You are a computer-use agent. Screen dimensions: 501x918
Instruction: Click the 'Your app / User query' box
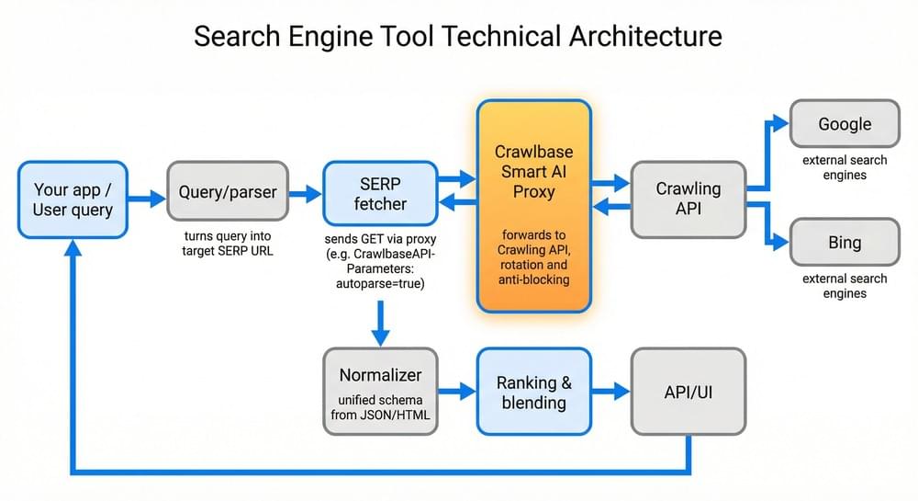pos(73,199)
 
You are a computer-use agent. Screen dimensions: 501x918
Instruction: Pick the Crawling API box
pos(688,199)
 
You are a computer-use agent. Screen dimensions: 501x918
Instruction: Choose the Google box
pos(845,124)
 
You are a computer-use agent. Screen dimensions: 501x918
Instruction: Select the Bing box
pos(845,243)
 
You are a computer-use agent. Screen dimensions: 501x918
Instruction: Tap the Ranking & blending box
pos(533,391)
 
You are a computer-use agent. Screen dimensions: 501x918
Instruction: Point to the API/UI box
pos(688,392)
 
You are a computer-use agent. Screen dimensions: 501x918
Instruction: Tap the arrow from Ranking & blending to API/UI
pos(610,392)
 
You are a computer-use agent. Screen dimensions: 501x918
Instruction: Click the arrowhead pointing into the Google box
pos(780,123)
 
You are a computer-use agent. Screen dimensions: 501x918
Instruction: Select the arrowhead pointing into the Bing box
pos(780,244)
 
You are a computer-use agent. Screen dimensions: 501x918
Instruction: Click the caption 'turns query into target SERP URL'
pos(228,243)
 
